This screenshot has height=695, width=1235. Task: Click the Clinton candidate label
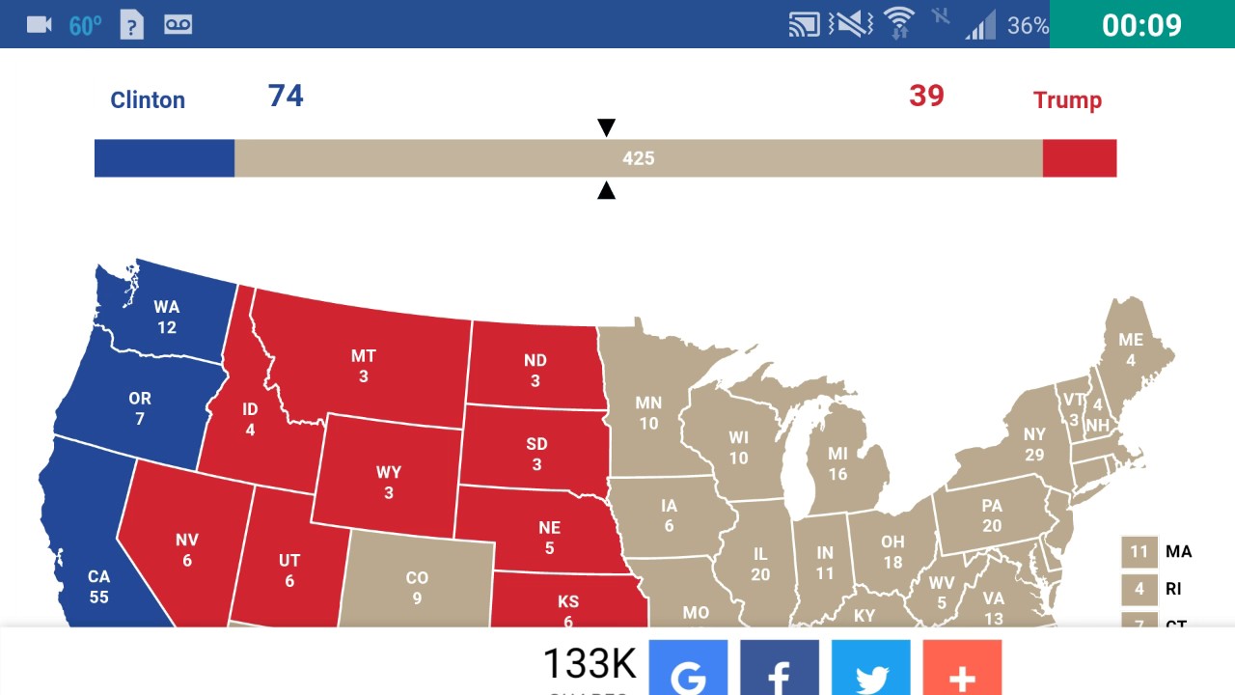148,99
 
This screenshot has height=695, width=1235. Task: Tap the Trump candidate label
1067,99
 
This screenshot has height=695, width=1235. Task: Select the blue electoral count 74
286,96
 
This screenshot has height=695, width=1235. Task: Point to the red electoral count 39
926,96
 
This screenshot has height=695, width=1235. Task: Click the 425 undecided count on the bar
639,158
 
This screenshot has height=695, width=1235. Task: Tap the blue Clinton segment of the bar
164,158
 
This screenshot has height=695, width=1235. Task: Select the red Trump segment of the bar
1080,158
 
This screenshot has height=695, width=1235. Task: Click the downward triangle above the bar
606,127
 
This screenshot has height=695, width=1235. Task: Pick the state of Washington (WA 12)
167,317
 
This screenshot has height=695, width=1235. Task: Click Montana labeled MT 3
364,366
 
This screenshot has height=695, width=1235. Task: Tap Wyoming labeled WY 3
389,482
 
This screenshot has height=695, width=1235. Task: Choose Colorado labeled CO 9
417,587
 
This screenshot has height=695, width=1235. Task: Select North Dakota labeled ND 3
535,370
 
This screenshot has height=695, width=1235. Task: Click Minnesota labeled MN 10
648,412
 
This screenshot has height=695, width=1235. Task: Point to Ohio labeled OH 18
892,552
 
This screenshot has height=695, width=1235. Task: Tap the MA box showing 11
1139,552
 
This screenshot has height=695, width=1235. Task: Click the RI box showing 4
1139,589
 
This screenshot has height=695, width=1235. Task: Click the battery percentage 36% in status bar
1028,25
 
